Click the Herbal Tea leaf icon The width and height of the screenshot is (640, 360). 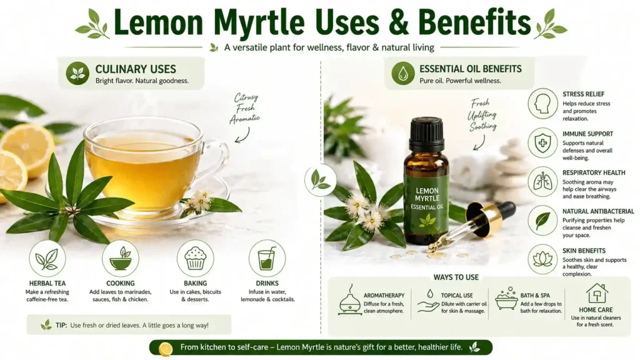tap(47, 259)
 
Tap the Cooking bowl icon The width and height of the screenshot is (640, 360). tap(121, 259)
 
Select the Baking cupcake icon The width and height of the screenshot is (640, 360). tap(195, 259)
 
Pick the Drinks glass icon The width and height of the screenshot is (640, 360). tap(267, 259)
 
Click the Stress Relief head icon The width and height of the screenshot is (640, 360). tap(542, 103)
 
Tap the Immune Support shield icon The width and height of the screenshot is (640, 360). tap(542, 142)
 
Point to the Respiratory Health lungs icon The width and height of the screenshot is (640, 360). tap(542, 181)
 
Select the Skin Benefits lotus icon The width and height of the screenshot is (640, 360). tap(542, 259)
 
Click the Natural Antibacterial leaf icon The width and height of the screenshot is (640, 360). tap(542, 220)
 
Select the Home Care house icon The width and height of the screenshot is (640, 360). tap(597, 293)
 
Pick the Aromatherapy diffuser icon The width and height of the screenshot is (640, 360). tap(349, 302)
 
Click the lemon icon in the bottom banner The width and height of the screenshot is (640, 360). tap(166, 349)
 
